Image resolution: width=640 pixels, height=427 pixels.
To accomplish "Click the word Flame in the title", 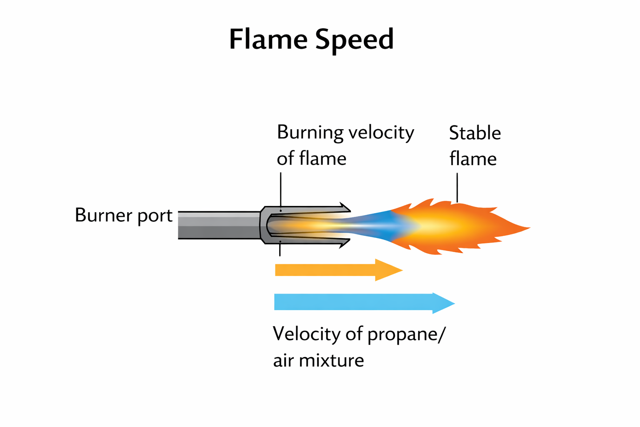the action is [268, 40].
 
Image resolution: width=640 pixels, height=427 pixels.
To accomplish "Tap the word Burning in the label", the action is [310, 133].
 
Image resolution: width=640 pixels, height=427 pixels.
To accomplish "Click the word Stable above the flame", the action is [475, 133].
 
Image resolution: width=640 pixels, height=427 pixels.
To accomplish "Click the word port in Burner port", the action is [155, 216].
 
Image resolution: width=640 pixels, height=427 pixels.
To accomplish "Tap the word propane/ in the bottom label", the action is [406, 335].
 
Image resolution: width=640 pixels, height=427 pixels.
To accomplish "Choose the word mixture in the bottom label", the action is [331, 360].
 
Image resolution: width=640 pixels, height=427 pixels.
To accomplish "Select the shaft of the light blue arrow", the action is [353, 302].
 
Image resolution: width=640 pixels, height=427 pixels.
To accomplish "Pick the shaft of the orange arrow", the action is [325, 270].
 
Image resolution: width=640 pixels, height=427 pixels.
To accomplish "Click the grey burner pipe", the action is [219, 225].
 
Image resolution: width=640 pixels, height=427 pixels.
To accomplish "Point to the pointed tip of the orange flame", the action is [530, 228].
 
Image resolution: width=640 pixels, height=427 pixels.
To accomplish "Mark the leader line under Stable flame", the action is [457, 188].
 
